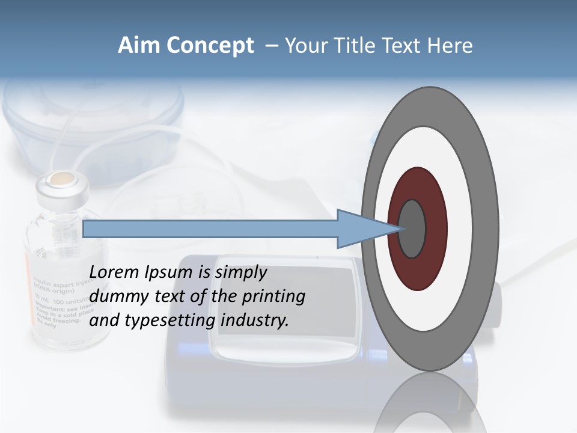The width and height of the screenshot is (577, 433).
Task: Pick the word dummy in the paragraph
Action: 115,296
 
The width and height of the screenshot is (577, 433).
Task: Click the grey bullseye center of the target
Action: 412,229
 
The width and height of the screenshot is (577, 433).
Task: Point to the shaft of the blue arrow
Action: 210,229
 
